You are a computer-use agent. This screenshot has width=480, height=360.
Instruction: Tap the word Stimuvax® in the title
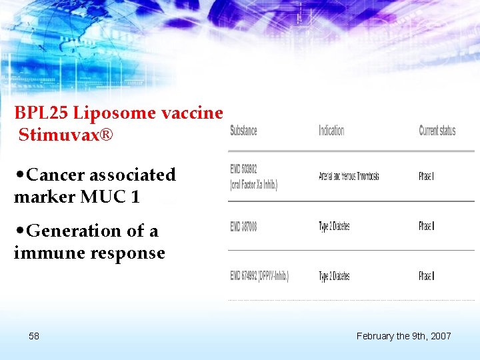(66, 136)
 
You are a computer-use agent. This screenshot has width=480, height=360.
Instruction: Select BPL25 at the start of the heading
(37, 114)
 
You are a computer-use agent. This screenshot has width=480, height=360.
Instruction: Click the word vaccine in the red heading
(192, 114)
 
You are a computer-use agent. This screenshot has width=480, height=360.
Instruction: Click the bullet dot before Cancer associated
(20, 175)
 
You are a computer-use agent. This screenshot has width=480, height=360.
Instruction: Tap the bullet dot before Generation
(20, 231)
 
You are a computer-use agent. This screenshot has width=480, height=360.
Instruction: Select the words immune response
(89, 253)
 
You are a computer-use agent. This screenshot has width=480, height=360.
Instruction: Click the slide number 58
(34, 336)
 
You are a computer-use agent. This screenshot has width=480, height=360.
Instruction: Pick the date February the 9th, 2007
(403, 336)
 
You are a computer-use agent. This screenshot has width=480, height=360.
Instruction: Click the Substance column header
(243, 131)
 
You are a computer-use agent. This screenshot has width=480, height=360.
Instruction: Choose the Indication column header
(331, 131)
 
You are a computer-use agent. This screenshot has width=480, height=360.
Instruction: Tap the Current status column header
(437, 131)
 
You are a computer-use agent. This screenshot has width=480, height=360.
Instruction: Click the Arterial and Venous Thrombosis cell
(349, 176)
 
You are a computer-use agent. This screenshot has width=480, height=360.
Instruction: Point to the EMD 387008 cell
(243, 227)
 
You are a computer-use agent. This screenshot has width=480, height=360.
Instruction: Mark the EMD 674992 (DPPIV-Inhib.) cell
(259, 276)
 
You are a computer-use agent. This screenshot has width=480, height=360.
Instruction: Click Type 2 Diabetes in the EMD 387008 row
(334, 227)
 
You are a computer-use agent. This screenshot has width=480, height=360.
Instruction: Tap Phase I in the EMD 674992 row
(427, 276)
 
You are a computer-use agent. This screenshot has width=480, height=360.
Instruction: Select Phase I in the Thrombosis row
(427, 176)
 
